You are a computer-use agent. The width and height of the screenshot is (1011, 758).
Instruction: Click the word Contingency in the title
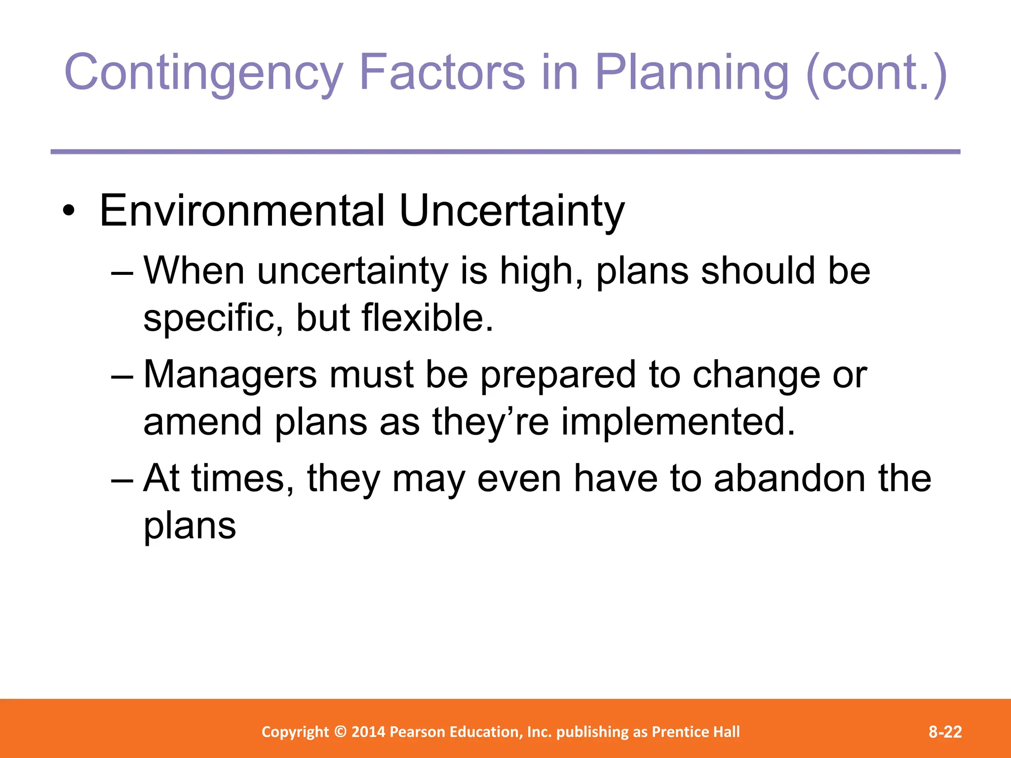pyautogui.click(x=203, y=73)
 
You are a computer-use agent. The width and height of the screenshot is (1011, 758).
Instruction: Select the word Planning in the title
pyautogui.click(x=692, y=73)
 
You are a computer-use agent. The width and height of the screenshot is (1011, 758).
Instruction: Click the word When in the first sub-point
pyautogui.click(x=194, y=271)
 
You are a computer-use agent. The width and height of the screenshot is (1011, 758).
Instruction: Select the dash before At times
pyautogui.click(x=122, y=479)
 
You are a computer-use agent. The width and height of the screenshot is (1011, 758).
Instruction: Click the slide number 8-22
pyautogui.click(x=945, y=732)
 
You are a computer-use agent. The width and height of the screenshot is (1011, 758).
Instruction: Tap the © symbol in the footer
pyautogui.click(x=340, y=732)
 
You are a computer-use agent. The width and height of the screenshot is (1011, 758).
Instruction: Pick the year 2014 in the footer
pyautogui.click(x=369, y=732)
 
